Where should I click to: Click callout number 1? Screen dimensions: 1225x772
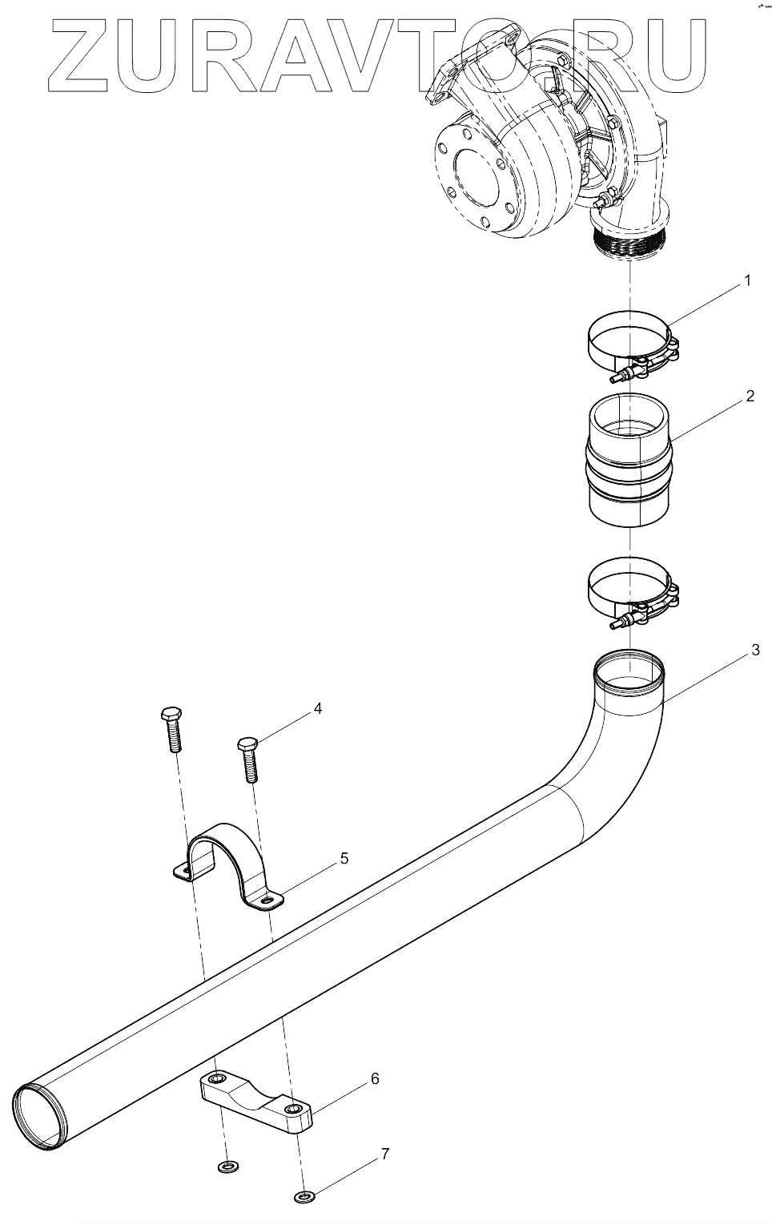click(746, 281)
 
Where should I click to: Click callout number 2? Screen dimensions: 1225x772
click(750, 396)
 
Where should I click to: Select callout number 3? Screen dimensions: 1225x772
click(754, 651)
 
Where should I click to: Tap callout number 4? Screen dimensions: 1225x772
click(317, 709)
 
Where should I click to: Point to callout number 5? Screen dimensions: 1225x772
click(344, 859)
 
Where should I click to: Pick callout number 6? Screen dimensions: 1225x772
click(374, 1078)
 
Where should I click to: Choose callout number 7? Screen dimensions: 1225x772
click(384, 1154)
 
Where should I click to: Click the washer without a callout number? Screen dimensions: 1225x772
click(228, 1166)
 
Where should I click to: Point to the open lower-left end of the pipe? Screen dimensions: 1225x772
click(38, 1118)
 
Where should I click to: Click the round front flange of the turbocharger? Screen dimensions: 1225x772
click(474, 178)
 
